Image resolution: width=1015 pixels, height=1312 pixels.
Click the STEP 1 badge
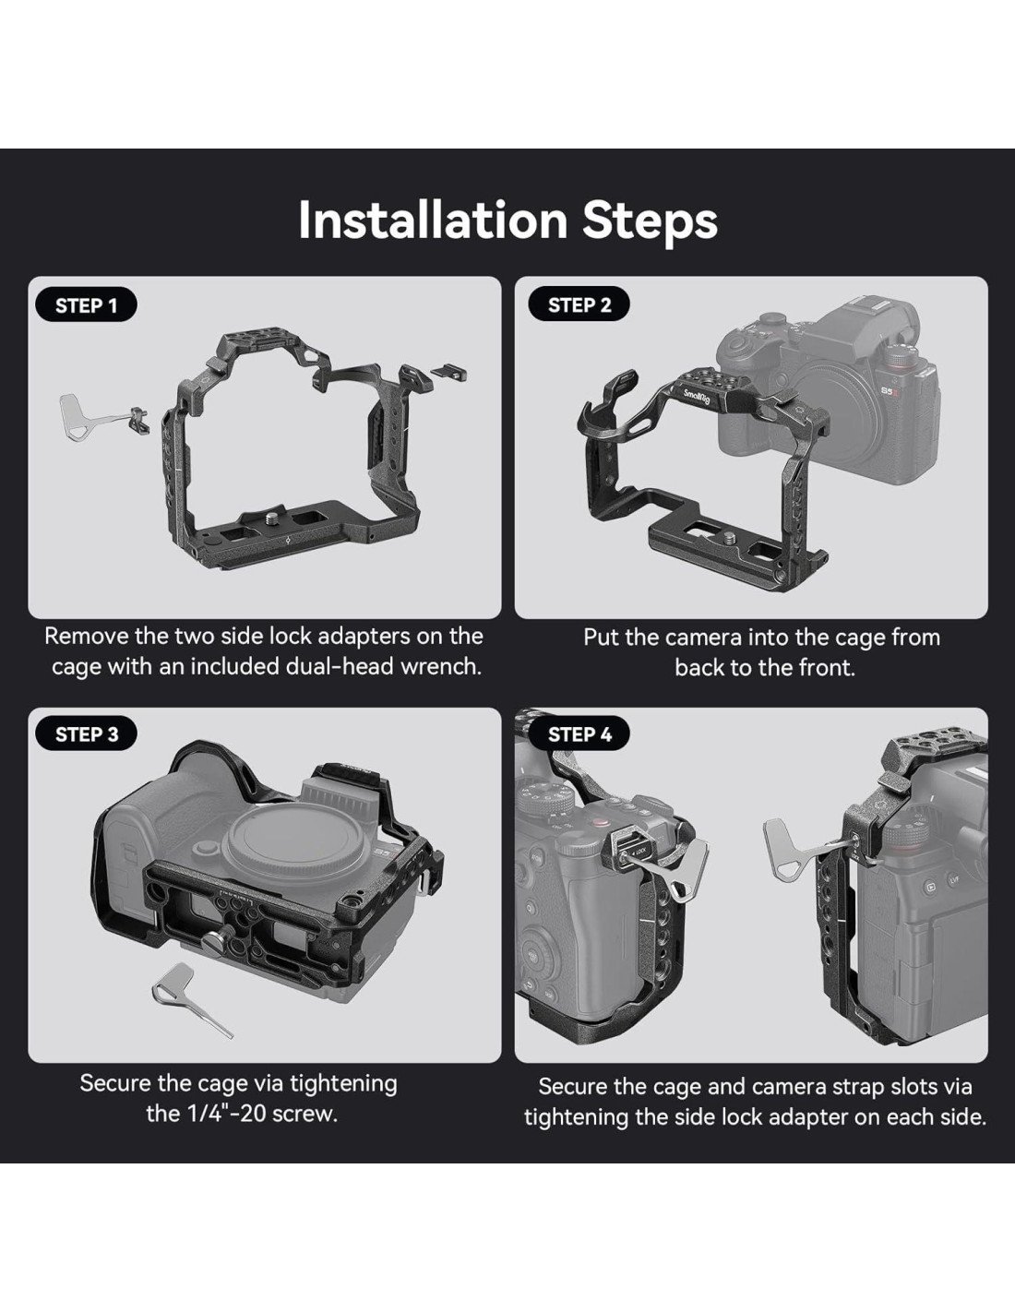click(x=87, y=305)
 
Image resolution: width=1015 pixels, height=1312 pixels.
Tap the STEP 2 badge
click(x=579, y=304)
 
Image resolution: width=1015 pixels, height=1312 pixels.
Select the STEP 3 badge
click(x=87, y=734)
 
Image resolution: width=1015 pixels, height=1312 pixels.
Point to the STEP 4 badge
click(x=579, y=734)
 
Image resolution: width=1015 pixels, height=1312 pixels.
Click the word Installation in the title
click(x=433, y=220)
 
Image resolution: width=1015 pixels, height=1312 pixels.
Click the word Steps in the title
click(x=650, y=222)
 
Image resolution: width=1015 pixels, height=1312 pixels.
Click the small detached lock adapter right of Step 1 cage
click(x=450, y=369)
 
